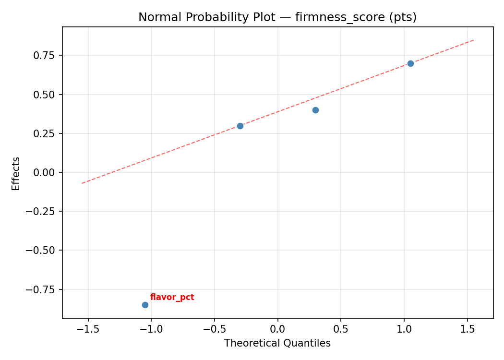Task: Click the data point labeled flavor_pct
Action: click(x=145, y=305)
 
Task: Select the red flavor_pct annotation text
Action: click(x=172, y=298)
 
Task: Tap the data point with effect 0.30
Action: click(x=240, y=126)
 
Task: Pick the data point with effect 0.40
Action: click(x=315, y=110)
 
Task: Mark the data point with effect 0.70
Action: click(x=410, y=63)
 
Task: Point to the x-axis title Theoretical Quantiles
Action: click(x=277, y=343)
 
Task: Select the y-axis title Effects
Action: click(x=16, y=173)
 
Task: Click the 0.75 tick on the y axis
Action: click(x=47, y=55)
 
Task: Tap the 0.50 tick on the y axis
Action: click(x=47, y=95)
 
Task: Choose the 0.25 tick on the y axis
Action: click(x=47, y=133)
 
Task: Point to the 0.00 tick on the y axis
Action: click(x=47, y=172)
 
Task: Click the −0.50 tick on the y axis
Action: click(x=44, y=251)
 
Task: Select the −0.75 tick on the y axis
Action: click(x=44, y=289)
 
